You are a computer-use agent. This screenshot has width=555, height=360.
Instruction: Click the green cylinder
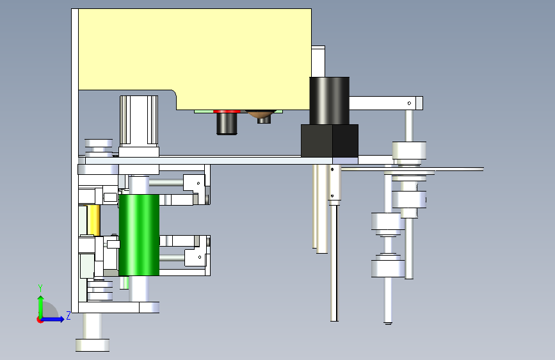click(x=139, y=235)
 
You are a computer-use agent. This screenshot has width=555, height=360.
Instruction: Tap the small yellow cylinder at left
click(x=93, y=220)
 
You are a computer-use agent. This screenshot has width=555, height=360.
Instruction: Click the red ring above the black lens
click(x=227, y=111)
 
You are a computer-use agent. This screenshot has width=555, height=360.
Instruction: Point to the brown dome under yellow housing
click(x=262, y=114)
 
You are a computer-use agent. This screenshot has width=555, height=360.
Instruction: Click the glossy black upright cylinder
click(x=330, y=101)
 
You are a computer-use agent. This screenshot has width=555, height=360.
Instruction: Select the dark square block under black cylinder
click(x=330, y=141)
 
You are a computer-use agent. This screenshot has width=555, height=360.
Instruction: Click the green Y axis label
click(x=40, y=288)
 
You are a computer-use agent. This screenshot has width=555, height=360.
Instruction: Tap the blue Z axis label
click(x=68, y=315)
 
